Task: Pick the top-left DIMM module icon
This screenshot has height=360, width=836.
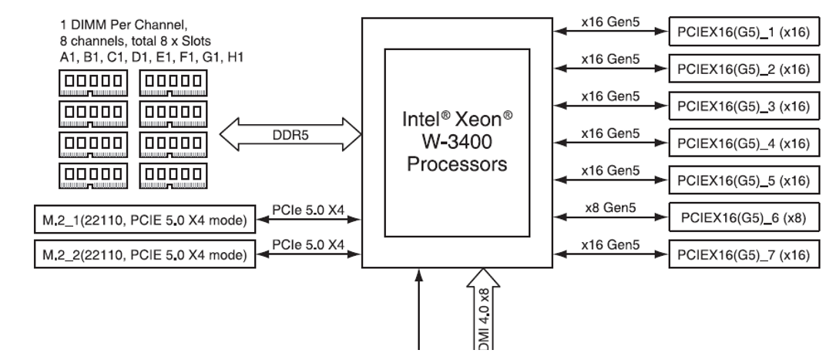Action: coord(93,79)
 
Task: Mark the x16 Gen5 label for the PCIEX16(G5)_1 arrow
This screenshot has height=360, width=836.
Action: coord(609,22)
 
